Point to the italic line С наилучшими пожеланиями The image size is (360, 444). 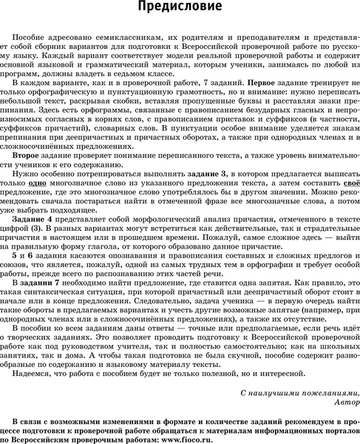(x=299, y=392)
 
